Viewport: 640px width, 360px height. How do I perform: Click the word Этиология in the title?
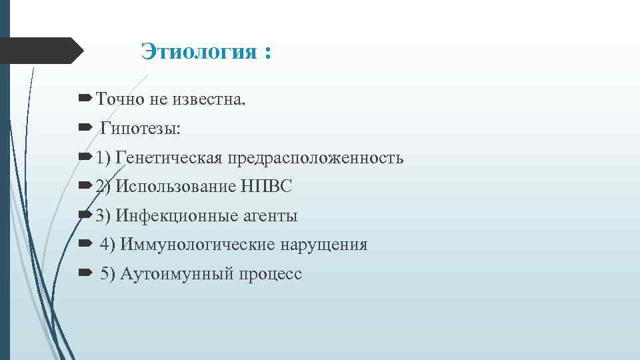coord(193,52)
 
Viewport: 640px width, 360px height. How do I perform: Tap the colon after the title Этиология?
coord(267,53)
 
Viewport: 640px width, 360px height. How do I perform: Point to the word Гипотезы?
coord(140,129)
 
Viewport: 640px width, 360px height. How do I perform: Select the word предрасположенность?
coord(316,158)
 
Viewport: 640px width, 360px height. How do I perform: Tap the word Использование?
coord(175,187)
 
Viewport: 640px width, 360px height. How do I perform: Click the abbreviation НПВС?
coord(267,187)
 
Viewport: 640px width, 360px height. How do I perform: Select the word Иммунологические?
coord(197,245)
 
